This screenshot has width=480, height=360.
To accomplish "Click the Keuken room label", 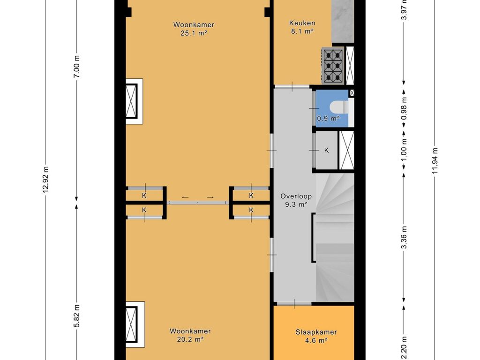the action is coord(302,23).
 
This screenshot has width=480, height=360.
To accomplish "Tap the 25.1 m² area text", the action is coord(194,33).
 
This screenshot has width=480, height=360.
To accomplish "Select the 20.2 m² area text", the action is coord(190,339).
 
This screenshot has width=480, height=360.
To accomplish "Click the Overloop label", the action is coord(296,196).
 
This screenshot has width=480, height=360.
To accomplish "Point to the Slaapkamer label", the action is coord(316,332).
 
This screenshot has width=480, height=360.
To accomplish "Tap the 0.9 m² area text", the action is coord(328,118).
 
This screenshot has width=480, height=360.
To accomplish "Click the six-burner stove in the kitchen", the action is coord(333,66).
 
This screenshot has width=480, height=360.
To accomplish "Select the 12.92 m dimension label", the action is coord(45,180).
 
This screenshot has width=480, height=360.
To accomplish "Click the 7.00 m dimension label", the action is coord(76,67).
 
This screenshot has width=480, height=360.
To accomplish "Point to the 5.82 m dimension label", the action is coord(76,316).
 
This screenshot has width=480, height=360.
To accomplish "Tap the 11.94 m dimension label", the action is coord(435,160).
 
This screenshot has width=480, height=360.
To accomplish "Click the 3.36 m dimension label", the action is coord(404,238).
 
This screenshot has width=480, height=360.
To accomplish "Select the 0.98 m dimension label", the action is coord(404,108).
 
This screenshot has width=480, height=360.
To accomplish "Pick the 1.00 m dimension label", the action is coord(404,150).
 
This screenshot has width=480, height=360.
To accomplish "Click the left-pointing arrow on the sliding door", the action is coord(186,197).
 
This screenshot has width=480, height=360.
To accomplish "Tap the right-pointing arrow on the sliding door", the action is coord(210,197).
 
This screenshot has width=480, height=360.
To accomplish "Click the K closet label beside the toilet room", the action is coord(326,150).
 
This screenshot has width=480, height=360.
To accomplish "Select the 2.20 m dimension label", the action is coord(404,348).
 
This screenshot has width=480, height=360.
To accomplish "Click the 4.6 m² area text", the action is coord(316,340).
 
